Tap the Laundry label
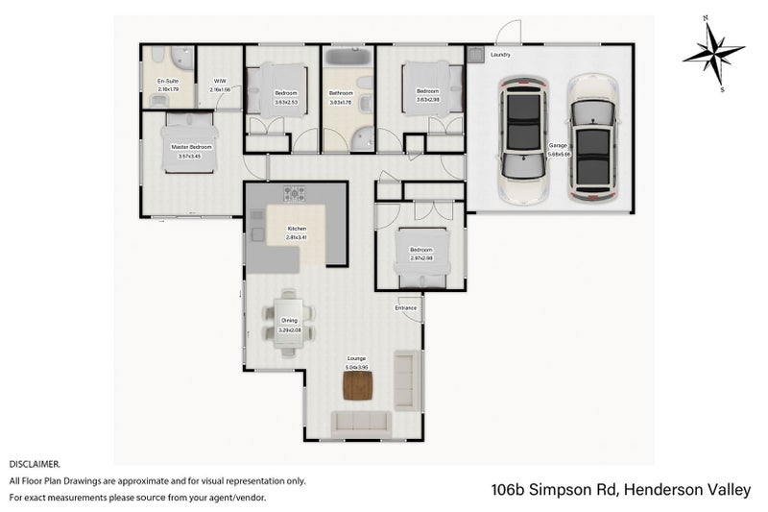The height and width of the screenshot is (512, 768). pyautogui.click(x=500, y=55)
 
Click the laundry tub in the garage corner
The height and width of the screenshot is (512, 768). pyautogui.click(x=476, y=55)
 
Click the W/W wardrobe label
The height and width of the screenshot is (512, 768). pyautogui.click(x=219, y=82)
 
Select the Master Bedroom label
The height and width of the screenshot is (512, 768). pyautogui.click(x=191, y=147)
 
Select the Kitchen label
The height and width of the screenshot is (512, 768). pyautogui.click(x=296, y=229)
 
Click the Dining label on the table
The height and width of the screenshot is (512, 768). pyautogui.click(x=289, y=322)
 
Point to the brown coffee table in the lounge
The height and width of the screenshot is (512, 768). pyautogui.click(x=357, y=384)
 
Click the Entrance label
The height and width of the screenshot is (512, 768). pyautogui.click(x=406, y=307)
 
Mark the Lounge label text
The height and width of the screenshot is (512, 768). pyautogui.click(x=356, y=359)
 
